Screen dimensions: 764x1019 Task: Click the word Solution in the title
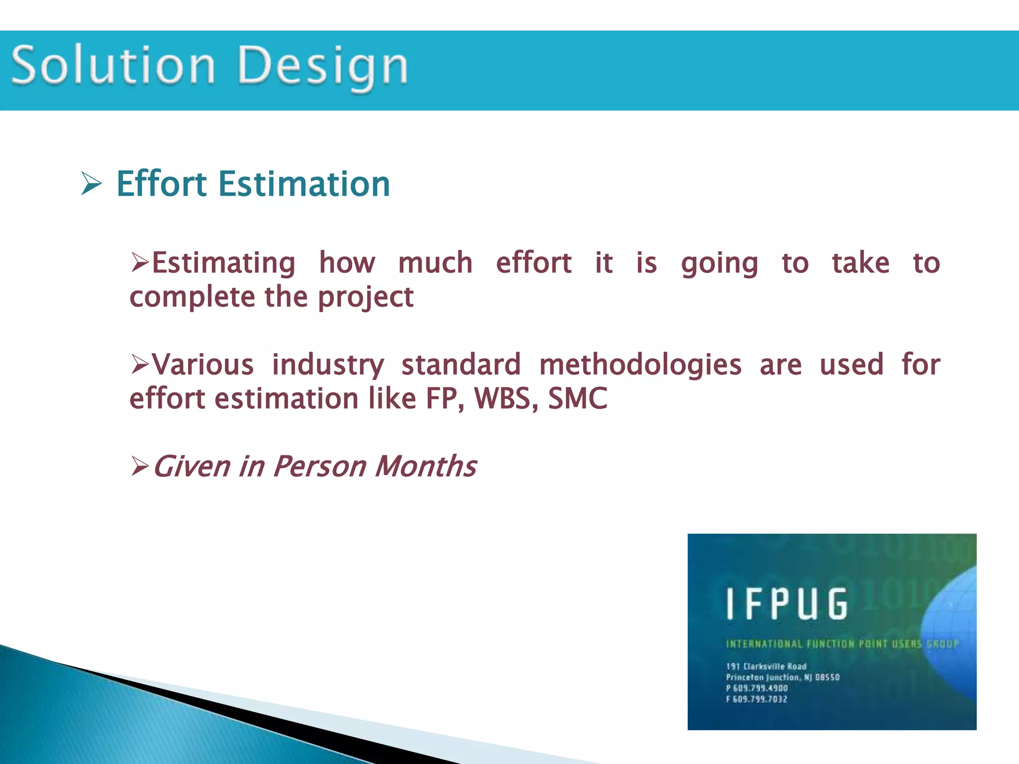click(x=113, y=65)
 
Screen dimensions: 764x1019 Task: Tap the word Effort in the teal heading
click(x=162, y=184)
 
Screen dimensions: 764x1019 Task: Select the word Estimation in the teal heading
click(x=304, y=184)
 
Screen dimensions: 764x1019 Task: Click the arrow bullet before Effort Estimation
click(x=91, y=184)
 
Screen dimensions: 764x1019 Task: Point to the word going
click(x=719, y=264)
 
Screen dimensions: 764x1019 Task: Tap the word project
click(x=366, y=298)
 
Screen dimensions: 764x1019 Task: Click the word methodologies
click(x=640, y=365)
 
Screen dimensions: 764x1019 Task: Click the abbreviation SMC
click(x=578, y=398)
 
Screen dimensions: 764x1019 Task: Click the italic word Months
click(x=426, y=467)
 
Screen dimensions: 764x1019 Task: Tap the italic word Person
click(x=319, y=467)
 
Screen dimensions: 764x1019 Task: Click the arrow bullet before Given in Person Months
click(x=139, y=467)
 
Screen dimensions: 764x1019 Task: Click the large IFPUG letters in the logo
click(x=786, y=604)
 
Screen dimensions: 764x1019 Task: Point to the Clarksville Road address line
click(x=766, y=667)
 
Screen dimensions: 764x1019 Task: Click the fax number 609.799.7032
click(x=760, y=699)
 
